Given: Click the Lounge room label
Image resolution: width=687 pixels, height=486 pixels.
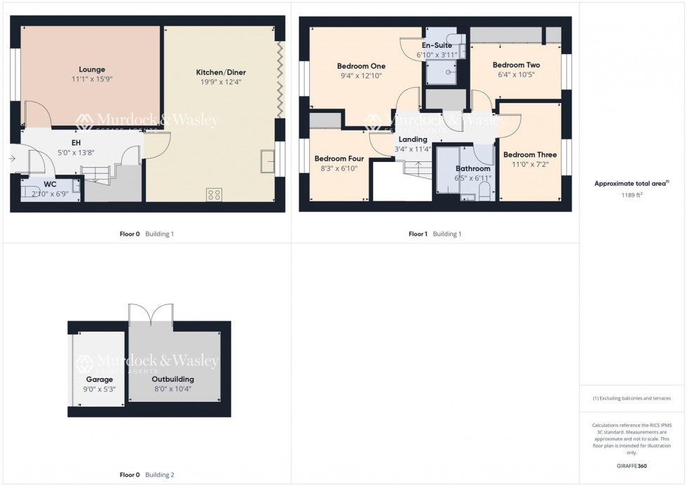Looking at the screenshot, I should click(x=92, y=69).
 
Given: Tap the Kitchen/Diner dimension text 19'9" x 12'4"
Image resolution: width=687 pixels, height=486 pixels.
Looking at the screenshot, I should click(x=221, y=82).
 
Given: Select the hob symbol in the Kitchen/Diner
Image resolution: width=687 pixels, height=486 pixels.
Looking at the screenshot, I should click(x=214, y=194).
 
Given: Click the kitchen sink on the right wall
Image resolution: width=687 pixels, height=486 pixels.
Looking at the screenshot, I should click(x=268, y=161).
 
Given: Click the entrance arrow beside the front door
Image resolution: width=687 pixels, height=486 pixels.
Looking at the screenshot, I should click(x=13, y=158).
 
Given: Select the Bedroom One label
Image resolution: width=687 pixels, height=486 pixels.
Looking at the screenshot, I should click(x=361, y=66).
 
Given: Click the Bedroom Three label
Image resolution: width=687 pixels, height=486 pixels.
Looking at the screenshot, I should click(x=529, y=155).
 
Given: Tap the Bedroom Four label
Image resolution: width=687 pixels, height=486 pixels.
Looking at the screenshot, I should click(x=339, y=158).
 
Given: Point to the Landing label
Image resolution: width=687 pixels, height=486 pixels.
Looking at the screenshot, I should click(x=412, y=139).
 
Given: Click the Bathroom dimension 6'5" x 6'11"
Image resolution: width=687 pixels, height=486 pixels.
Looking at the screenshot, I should click(x=473, y=178).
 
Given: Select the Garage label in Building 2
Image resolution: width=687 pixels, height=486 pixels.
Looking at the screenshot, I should click(x=100, y=379).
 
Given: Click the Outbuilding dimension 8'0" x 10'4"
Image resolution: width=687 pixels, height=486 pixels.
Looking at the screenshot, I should click(x=175, y=389).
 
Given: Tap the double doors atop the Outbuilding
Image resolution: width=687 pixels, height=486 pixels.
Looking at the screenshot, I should click(x=151, y=313).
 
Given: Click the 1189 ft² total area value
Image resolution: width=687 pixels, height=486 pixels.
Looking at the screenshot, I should click(x=629, y=196).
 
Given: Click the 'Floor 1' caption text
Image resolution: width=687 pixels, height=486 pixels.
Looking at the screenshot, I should click(x=418, y=234).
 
